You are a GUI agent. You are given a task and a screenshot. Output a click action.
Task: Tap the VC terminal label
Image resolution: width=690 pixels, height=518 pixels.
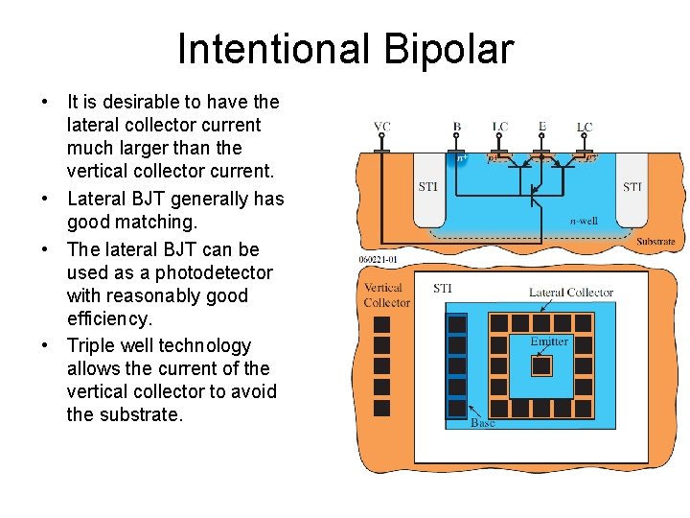(x=381, y=127)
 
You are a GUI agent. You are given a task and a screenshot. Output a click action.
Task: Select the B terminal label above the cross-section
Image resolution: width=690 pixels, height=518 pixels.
(x=457, y=127)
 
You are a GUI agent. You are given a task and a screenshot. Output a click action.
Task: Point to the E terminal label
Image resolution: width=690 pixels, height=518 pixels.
(x=542, y=126)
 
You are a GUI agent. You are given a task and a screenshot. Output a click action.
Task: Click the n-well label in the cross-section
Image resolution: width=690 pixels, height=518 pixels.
(x=584, y=222)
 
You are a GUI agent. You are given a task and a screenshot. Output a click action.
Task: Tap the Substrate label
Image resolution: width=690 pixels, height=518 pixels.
(x=655, y=242)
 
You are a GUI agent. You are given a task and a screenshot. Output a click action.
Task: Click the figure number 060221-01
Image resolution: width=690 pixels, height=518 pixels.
(x=378, y=259)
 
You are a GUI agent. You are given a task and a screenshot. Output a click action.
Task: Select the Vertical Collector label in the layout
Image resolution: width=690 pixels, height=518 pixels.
(x=386, y=295)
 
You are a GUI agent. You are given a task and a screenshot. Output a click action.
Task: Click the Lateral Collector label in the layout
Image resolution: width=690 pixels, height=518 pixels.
(x=571, y=292)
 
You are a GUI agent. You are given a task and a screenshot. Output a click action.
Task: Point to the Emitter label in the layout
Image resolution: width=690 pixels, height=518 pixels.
(x=549, y=341)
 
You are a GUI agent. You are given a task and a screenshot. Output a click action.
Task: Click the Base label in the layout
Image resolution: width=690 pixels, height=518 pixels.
(x=483, y=423)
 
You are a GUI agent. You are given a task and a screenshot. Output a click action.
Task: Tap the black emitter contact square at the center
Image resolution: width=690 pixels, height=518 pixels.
(x=542, y=365)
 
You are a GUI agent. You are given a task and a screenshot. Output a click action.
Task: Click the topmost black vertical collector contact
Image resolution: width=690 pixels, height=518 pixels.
(x=381, y=324)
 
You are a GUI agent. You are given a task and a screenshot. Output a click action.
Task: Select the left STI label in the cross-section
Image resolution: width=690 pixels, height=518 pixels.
(x=427, y=187)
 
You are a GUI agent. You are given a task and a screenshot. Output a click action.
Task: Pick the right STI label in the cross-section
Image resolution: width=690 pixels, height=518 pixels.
(x=632, y=187)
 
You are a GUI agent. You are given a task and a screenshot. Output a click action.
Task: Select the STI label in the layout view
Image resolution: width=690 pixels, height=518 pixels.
(x=443, y=288)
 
